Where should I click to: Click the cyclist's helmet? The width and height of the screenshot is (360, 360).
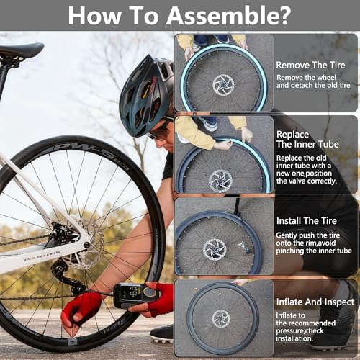(x=146, y=95)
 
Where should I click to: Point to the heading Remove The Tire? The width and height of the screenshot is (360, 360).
(x=310, y=65)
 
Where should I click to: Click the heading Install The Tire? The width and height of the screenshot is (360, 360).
(x=307, y=221)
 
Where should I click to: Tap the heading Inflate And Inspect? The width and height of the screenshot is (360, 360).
(x=315, y=302)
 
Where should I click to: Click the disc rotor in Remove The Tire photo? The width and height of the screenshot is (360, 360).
(x=223, y=86)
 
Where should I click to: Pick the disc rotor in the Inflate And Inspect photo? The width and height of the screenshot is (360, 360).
(x=221, y=319)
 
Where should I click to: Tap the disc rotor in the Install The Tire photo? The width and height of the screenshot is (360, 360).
(x=215, y=250)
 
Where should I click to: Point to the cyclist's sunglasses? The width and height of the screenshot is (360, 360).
(x=159, y=129)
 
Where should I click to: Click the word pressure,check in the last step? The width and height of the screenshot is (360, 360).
(x=300, y=330)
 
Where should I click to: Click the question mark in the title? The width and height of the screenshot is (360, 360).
(x=284, y=15)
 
